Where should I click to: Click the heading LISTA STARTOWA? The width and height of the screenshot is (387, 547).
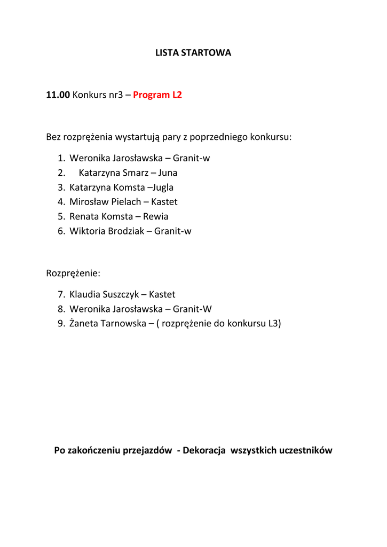point(193,53)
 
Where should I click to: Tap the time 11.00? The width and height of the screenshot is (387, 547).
point(58,95)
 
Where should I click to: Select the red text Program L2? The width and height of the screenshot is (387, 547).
point(157,95)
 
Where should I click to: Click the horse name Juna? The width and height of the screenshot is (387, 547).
point(168,173)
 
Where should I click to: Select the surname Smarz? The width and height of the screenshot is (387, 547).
point(136,173)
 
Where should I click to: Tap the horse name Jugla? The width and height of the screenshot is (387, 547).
point(163,187)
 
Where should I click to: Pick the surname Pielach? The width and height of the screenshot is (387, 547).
point(126,202)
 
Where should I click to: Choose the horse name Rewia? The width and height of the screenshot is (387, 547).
point(155,216)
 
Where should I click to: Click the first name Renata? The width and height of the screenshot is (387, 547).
point(84,216)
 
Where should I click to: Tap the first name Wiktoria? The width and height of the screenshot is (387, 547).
point(88,231)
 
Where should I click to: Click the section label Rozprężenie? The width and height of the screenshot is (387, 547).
point(73,273)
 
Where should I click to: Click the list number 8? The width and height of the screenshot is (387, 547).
point(61,309)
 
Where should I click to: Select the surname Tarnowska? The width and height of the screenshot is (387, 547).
point(117,324)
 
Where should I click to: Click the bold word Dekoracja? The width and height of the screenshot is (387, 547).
point(204,450)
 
